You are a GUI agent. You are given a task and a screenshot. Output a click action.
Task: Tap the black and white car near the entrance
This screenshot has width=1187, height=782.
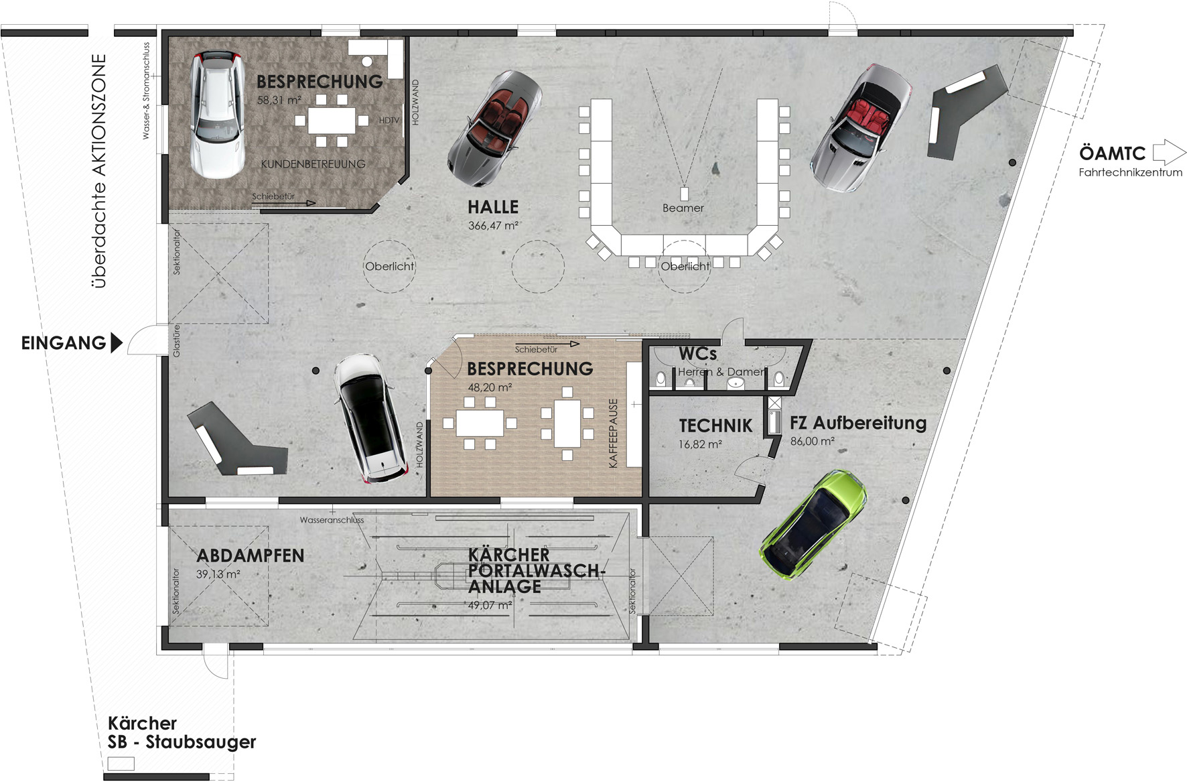370,419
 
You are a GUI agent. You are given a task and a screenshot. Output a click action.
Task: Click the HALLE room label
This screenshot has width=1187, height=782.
493,207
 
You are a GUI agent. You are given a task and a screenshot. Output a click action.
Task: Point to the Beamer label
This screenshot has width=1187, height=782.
683,208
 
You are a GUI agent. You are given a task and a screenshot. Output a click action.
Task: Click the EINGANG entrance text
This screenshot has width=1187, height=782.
64,343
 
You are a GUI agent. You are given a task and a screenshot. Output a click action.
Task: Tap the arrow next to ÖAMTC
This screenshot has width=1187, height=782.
1169,152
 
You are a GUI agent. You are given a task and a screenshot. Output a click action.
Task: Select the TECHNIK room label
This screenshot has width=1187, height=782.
715,426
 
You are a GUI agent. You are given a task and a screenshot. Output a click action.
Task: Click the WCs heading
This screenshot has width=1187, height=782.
697,354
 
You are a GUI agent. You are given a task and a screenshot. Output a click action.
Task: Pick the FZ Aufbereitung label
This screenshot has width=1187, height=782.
858,423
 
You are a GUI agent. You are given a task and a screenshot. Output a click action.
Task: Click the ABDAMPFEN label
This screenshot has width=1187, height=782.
250,556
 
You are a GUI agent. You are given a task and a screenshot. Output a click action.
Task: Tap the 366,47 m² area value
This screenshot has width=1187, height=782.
493,226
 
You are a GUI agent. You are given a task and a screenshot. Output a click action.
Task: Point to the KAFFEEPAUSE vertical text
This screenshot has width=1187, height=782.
613,433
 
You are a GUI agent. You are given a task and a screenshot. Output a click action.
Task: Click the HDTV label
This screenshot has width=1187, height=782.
389,121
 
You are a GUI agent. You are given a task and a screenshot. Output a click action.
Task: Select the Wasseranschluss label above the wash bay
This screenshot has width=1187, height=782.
332,520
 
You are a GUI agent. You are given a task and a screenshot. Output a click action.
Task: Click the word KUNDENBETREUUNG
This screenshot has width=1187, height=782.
313,164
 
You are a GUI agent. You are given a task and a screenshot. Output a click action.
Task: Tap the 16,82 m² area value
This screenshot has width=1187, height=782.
700,444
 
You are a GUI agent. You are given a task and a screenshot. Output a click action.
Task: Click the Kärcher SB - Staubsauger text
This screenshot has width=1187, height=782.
182,732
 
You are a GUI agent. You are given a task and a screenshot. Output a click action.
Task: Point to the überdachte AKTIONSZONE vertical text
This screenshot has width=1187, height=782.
99,171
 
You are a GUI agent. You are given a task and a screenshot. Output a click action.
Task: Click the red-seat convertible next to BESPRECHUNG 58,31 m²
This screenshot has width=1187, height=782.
494,129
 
